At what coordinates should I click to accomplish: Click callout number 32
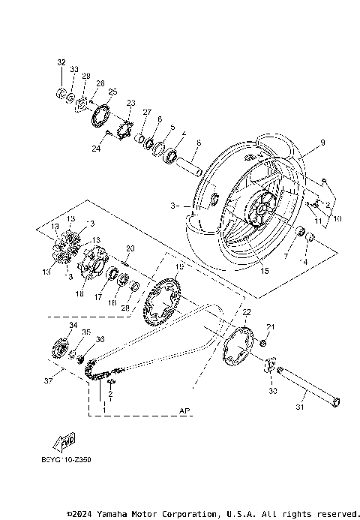pyautogui.click(x=61, y=62)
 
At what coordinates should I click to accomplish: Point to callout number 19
pyautogui.click(x=178, y=267)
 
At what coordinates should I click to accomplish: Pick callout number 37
pyautogui.click(x=48, y=381)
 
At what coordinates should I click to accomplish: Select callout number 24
pyautogui.click(x=95, y=149)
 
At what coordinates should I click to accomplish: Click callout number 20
pyautogui.click(x=130, y=248)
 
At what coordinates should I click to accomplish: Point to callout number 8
pyautogui.click(x=177, y=143)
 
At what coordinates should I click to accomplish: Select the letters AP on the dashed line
pyautogui.click(x=184, y=411)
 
